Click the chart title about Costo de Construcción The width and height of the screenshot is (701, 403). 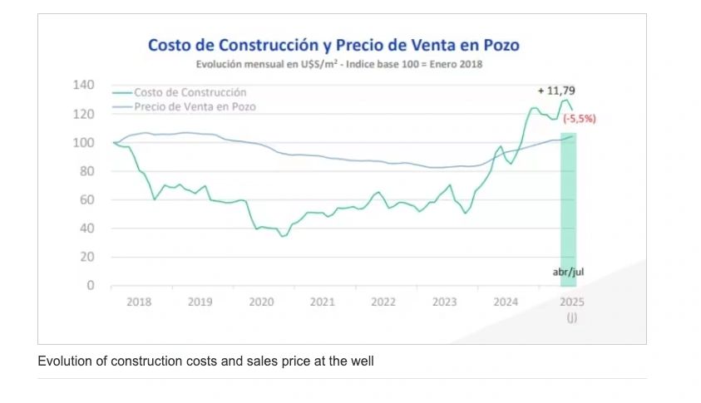point(333,45)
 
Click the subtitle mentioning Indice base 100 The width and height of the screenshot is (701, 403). point(339,64)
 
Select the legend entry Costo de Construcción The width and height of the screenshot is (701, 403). point(190,93)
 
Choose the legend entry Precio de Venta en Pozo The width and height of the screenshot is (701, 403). point(195,106)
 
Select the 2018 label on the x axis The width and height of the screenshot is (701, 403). point(139,302)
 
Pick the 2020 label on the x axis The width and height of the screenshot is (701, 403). point(261,302)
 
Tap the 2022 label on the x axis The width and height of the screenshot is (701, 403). point(383,302)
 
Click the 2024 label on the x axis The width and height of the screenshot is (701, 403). point(506,302)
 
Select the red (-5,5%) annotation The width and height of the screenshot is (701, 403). point(580,119)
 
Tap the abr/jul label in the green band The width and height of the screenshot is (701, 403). point(569,272)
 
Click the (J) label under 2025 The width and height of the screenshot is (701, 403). point(572,317)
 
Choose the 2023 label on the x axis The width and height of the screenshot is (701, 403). point(444,302)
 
